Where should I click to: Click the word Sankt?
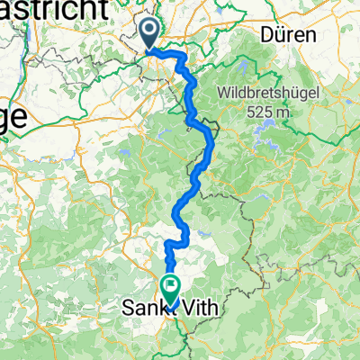(x=142, y=309)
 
